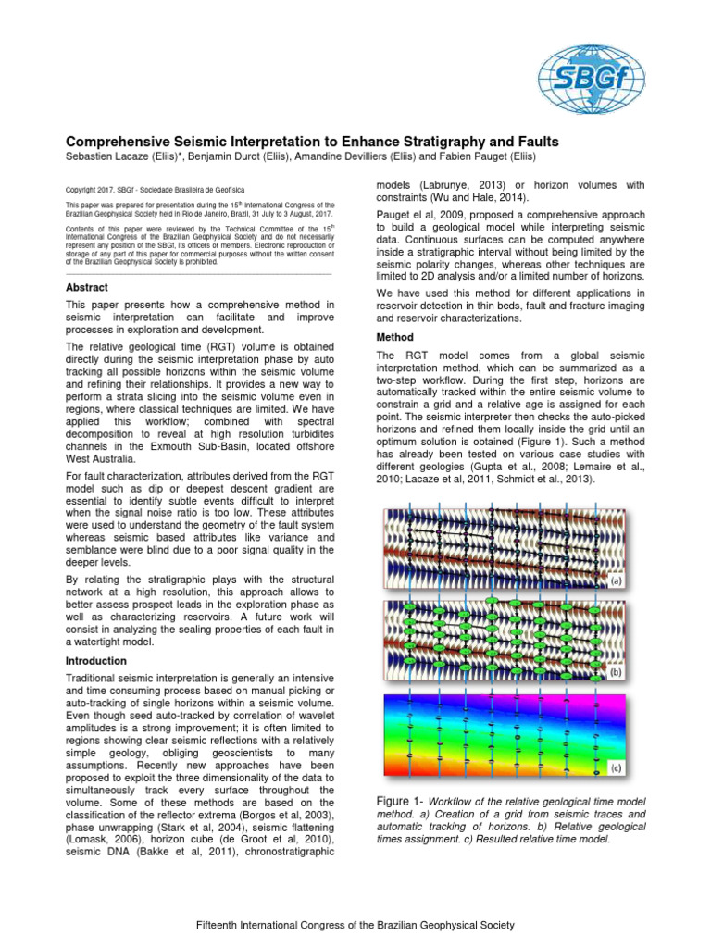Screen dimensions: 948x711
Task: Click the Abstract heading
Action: click(86, 288)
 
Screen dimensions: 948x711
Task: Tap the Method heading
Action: click(395, 337)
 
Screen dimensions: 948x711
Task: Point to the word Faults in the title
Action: click(534, 142)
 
